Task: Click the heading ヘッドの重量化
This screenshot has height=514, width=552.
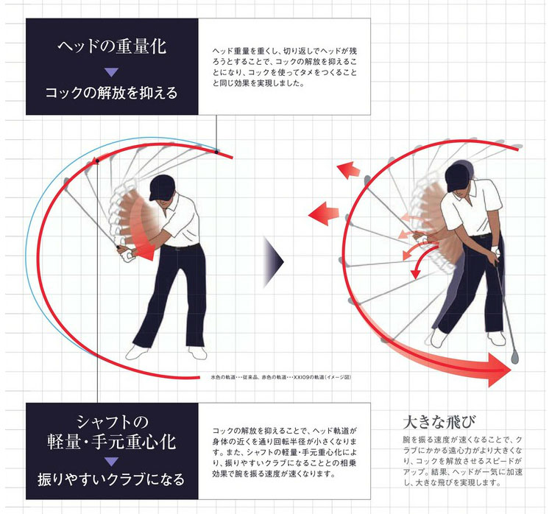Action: [x=112, y=46]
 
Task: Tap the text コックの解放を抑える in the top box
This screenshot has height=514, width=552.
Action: [x=112, y=93]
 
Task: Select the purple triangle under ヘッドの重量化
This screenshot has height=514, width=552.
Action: [x=112, y=72]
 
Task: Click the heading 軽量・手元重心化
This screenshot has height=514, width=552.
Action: [x=112, y=442]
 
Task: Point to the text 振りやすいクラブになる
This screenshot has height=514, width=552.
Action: [x=111, y=479]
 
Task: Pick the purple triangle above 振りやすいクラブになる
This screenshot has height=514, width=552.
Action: [x=112, y=462]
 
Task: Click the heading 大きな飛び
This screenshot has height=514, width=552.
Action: [x=439, y=422]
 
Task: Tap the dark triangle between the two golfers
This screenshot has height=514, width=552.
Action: [x=273, y=261]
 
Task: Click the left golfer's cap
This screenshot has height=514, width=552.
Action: [x=162, y=187]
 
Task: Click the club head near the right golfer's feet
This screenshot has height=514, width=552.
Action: [x=515, y=356]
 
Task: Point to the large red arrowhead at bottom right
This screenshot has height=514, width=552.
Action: [x=498, y=370]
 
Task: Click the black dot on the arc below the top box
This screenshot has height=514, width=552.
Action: [x=217, y=152]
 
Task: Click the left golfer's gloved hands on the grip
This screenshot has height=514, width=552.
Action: [x=126, y=253]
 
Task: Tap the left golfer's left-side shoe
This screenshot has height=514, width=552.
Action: [x=137, y=352]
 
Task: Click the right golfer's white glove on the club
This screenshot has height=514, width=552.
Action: [x=496, y=252]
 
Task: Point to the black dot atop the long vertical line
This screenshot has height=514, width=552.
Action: [x=97, y=161]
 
